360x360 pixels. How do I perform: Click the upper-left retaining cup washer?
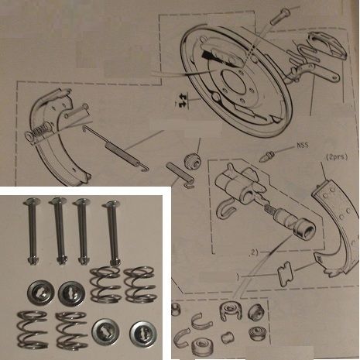37,291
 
